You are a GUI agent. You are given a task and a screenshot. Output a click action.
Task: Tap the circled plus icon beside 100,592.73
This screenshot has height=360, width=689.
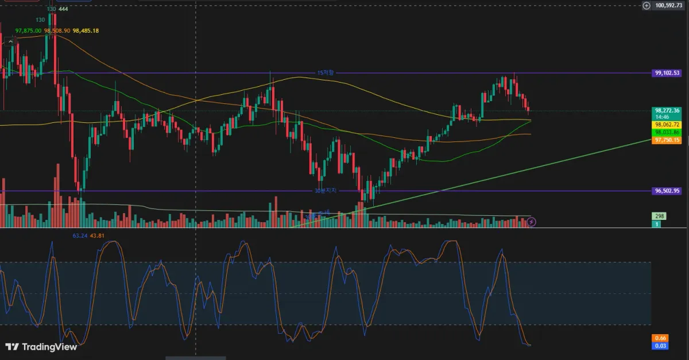647,5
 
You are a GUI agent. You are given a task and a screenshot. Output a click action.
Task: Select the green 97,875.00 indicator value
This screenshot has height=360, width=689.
28,30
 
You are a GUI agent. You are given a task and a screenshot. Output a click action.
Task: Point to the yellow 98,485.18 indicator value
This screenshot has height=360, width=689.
86,30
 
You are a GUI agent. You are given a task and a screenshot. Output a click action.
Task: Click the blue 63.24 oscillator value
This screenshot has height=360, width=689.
79,235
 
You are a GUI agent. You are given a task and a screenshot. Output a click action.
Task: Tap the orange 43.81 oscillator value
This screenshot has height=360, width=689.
96,235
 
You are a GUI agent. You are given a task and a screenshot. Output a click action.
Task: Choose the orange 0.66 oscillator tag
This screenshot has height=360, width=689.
659,338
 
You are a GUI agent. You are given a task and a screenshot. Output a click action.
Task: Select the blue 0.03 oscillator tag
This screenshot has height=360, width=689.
659,345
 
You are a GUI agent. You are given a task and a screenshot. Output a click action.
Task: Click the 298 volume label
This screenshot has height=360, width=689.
659,216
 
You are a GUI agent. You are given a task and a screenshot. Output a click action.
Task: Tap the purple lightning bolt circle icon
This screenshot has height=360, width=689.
532,222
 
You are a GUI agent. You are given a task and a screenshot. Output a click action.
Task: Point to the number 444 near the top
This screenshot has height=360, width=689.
63,9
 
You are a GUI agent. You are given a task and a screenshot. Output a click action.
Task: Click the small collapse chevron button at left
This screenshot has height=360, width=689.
10,41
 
